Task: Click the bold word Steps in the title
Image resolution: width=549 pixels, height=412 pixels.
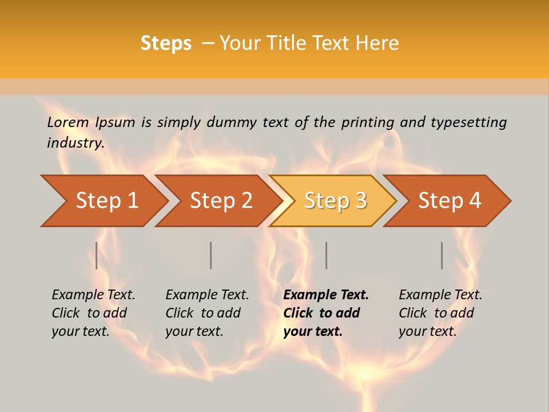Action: coord(166,43)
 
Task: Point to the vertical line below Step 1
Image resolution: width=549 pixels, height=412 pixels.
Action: coord(97,255)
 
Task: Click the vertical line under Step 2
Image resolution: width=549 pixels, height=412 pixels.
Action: coord(211,255)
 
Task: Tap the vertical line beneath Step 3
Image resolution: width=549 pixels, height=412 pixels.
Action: coord(327,255)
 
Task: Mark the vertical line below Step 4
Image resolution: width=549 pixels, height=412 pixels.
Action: coord(442,255)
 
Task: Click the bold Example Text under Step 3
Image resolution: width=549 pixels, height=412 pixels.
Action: coord(326,295)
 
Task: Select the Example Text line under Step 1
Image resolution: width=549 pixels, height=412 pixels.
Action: coord(93,295)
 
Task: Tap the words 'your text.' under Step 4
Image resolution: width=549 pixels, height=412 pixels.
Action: coord(427,331)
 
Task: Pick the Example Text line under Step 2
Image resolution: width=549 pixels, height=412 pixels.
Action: coord(207,295)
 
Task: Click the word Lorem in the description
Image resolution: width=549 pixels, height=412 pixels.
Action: coord(68,122)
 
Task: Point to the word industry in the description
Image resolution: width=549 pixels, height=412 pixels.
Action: coord(75,143)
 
